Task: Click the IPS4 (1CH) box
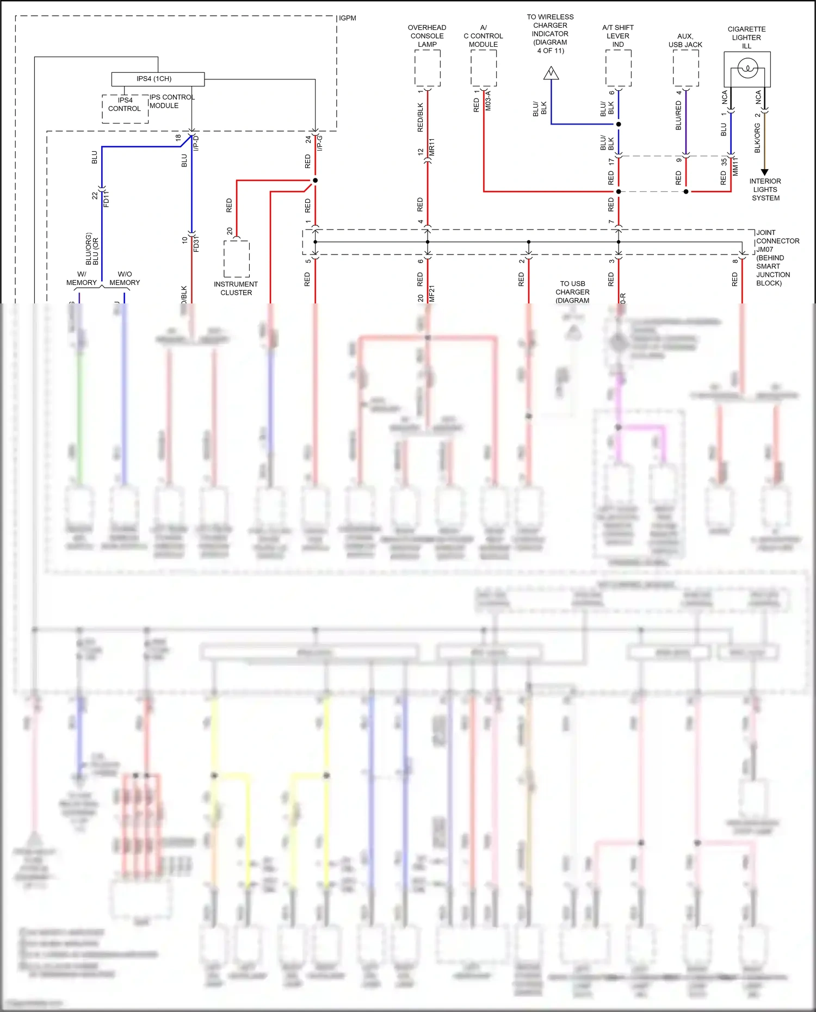click(158, 79)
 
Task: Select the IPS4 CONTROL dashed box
click(125, 108)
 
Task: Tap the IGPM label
click(348, 18)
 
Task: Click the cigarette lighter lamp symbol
click(747, 69)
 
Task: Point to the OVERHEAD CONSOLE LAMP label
click(427, 36)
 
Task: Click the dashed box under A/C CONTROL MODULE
click(484, 68)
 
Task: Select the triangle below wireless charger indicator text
click(551, 73)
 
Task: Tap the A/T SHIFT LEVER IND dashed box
click(619, 68)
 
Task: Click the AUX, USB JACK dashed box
click(685, 68)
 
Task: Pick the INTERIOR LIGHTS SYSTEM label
click(765, 190)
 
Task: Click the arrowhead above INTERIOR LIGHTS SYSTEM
click(764, 172)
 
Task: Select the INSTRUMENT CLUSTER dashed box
click(237, 259)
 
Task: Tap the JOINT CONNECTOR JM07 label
click(777, 258)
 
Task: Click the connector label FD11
click(107, 198)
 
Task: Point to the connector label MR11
click(432, 147)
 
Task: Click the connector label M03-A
click(489, 101)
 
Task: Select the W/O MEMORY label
click(125, 278)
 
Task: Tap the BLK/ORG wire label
click(757, 138)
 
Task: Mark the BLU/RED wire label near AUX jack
click(678, 115)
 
